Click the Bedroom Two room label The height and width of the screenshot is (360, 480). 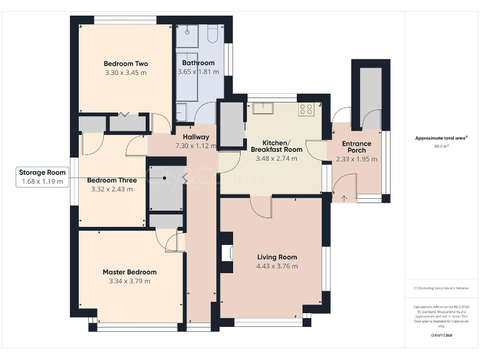point(125,64)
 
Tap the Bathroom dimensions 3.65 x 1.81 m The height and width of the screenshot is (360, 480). point(198,72)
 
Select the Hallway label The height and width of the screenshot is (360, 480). point(196,137)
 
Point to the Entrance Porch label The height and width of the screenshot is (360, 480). point(356,147)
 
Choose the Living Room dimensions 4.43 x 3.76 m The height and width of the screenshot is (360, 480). point(277,266)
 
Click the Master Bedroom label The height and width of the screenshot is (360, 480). point(129,272)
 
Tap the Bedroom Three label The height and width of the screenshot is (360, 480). point(112,180)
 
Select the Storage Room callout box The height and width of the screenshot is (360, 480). point(42,177)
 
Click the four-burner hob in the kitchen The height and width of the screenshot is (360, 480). point(306,109)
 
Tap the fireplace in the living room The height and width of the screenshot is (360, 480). point(226,253)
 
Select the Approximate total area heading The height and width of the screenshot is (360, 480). point(441,138)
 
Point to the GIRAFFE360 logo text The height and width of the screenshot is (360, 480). point(441,336)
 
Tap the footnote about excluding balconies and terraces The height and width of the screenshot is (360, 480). point(441,288)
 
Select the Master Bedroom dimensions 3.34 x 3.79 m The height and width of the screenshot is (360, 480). point(129,281)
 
